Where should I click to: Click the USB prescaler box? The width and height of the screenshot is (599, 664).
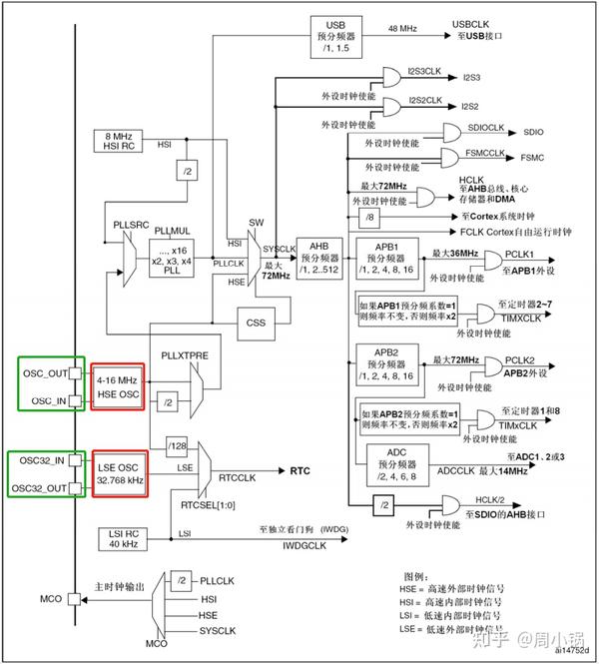point(334,38)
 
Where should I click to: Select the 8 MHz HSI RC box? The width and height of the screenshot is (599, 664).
point(120,141)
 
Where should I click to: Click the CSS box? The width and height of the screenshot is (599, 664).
point(258,324)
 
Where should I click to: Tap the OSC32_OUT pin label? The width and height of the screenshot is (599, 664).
point(39,486)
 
